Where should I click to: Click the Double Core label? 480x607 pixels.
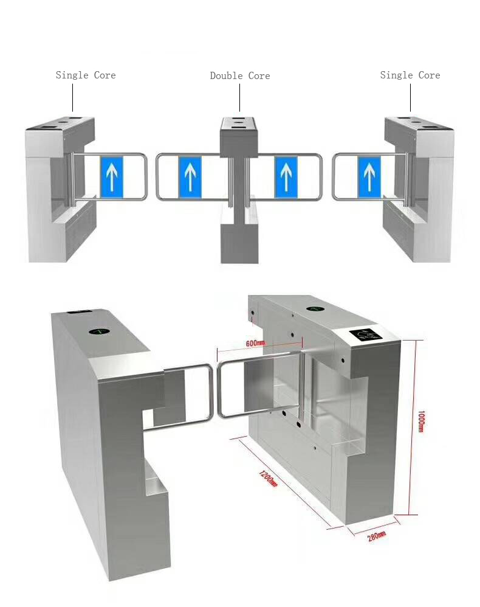(x=240, y=76)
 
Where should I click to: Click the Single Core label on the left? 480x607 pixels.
(x=86, y=75)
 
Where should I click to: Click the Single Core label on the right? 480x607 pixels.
(x=410, y=75)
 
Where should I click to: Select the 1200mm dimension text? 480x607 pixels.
(x=268, y=479)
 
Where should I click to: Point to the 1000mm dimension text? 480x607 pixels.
(x=421, y=421)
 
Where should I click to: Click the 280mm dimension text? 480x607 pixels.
(x=376, y=536)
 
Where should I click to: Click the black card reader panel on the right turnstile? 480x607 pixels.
(x=366, y=335)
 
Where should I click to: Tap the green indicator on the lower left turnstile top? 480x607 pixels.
(x=100, y=331)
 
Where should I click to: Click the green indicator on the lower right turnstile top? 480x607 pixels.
(x=315, y=308)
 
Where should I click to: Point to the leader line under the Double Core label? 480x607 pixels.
(x=240, y=97)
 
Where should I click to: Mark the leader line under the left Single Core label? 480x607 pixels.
(x=73, y=97)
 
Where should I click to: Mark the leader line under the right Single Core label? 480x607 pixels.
(x=410, y=97)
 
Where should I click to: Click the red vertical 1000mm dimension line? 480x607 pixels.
(x=413, y=428)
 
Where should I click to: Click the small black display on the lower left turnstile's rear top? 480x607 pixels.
(x=80, y=311)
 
